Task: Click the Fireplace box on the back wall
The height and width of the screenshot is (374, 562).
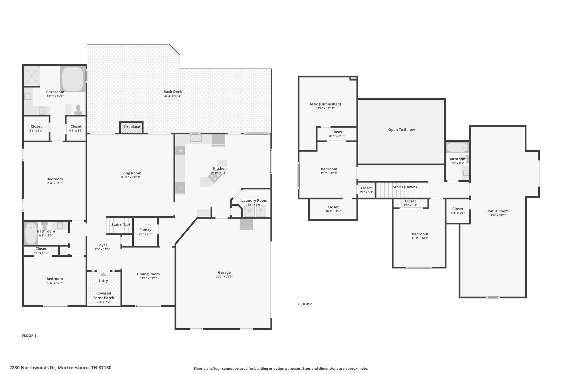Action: (x=131, y=127)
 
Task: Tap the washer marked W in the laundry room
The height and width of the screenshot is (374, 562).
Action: (x=249, y=211)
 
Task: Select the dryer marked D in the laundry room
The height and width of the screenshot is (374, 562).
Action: (x=261, y=211)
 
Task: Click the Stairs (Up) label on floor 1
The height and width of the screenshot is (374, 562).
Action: (x=121, y=224)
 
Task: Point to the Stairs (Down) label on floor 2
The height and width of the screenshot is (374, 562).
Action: (x=405, y=187)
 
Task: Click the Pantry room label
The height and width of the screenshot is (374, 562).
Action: (x=145, y=230)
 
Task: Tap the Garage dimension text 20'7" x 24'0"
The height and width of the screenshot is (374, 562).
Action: (x=224, y=277)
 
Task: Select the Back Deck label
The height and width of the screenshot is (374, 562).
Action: (x=173, y=92)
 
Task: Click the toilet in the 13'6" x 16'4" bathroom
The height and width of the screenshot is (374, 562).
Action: (x=78, y=109)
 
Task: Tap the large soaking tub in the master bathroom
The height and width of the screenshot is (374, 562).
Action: (x=73, y=79)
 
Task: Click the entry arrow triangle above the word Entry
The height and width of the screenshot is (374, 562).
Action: (x=103, y=274)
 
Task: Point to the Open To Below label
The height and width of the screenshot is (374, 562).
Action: (x=401, y=130)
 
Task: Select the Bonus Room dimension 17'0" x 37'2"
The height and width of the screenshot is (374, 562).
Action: (x=497, y=215)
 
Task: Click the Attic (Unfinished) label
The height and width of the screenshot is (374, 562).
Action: (x=325, y=104)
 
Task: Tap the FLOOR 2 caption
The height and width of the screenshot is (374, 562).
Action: (x=305, y=304)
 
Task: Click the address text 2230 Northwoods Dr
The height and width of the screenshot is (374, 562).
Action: (x=33, y=368)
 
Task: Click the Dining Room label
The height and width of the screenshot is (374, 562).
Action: (x=148, y=274)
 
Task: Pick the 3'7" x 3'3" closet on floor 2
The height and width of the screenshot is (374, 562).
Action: (x=366, y=190)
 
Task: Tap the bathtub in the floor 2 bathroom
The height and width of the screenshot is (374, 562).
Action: (x=457, y=148)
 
